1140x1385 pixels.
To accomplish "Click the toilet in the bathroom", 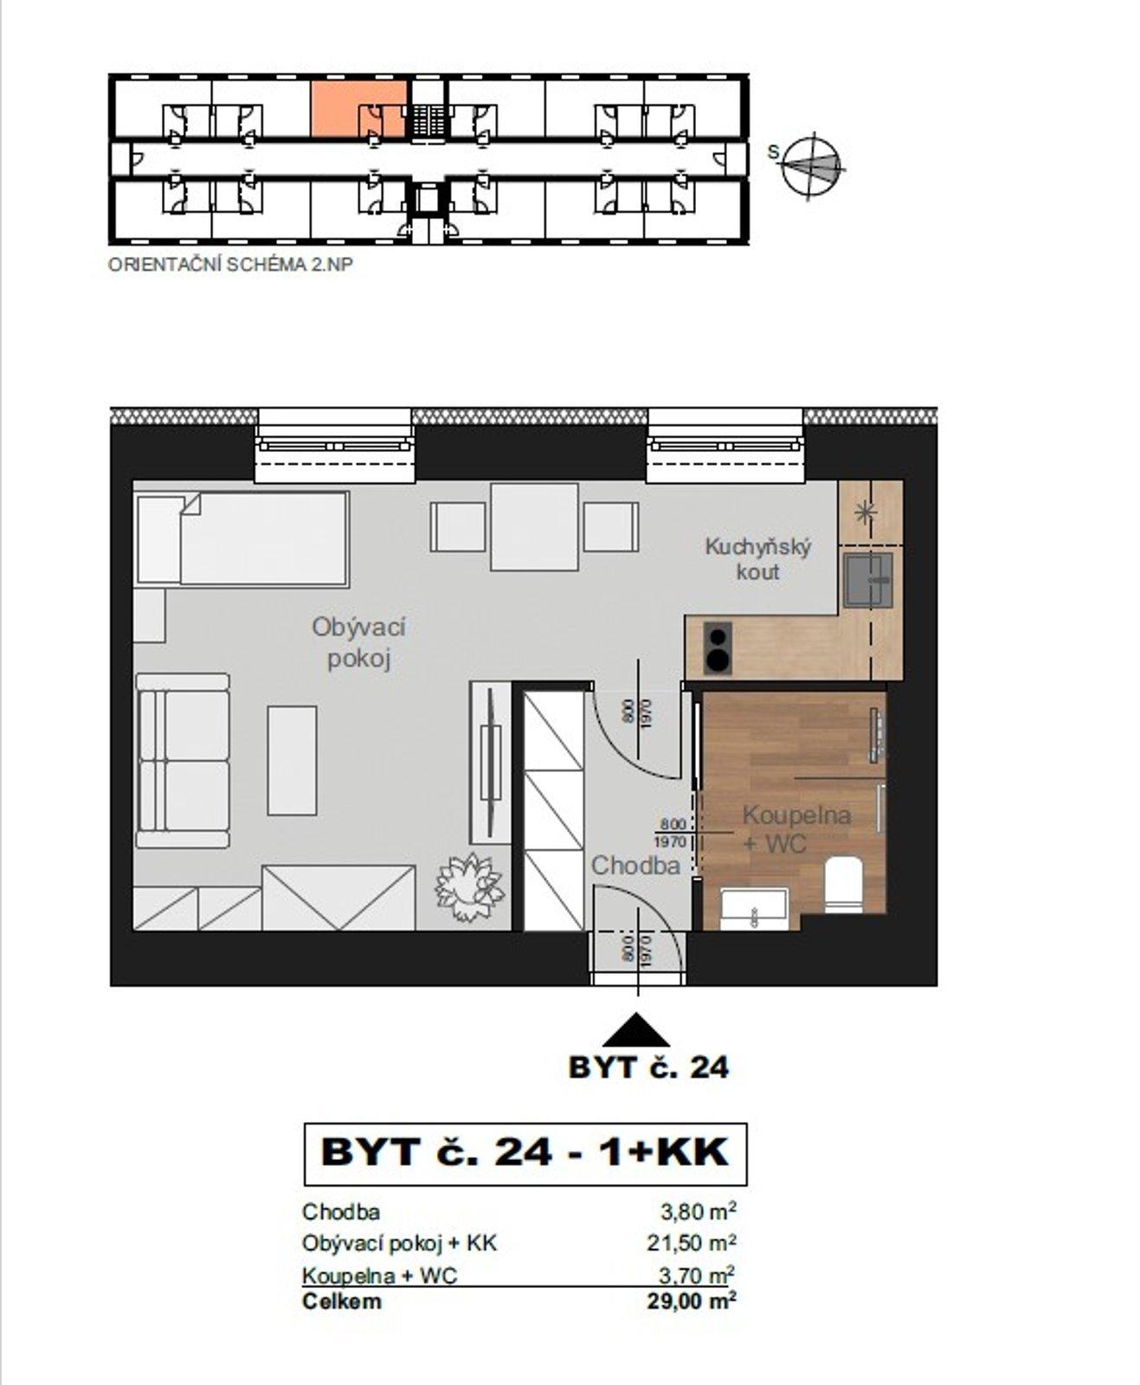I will pyautogui.click(x=843, y=883).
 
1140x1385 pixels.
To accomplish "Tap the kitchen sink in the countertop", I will pyautogui.click(x=868, y=580).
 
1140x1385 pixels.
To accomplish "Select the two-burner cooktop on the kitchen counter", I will pyautogui.click(x=718, y=647).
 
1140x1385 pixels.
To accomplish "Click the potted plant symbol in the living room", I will pyautogui.click(x=470, y=887).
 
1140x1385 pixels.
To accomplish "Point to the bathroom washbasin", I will pyautogui.click(x=754, y=909).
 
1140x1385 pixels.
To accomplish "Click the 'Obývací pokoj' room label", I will pyautogui.click(x=358, y=642).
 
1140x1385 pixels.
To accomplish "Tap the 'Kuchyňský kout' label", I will pyautogui.click(x=757, y=559).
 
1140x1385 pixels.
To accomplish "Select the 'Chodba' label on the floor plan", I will pyautogui.click(x=635, y=865).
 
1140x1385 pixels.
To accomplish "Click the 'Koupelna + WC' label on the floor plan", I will pyautogui.click(x=796, y=828).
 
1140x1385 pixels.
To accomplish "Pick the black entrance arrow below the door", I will pyautogui.click(x=636, y=1032).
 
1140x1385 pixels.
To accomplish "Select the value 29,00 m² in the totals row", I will pyautogui.click(x=692, y=1300).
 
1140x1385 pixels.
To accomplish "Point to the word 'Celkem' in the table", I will pyautogui.click(x=341, y=1301).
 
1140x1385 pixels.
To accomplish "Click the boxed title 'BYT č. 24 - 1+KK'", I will pyautogui.click(x=525, y=1153).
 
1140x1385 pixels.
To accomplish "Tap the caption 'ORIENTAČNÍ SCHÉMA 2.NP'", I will pyautogui.click(x=230, y=265).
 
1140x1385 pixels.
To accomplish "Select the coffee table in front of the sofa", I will pyautogui.click(x=292, y=760).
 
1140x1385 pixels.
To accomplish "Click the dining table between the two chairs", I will pyautogui.click(x=534, y=526).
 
